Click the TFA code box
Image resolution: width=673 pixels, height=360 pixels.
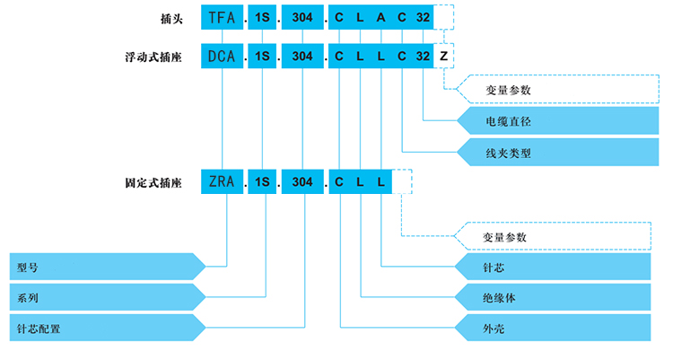pyautogui.click(x=221, y=17)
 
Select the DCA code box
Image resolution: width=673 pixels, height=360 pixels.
pyautogui.click(x=221, y=57)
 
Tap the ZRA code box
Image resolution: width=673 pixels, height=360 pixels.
pyautogui.click(x=221, y=182)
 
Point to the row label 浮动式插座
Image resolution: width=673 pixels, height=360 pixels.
pyautogui.click(x=153, y=57)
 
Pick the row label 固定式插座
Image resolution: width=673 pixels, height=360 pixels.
pyautogui.click(x=153, y=182)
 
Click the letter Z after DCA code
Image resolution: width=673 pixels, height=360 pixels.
pyautogui.click(x=444, y=57)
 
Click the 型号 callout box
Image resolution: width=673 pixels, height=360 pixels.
pyautogui.click(x=103, y=267)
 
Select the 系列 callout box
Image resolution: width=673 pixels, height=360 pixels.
pyautogui.click(x=103, y=297)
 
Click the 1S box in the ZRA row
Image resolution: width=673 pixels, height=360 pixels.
pyautogui.click(x=263, y=182)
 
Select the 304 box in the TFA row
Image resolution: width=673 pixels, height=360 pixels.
pyautogui.click(x=302, y=17)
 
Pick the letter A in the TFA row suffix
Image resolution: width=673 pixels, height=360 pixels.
pyautogui.click(x=381, y=17)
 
